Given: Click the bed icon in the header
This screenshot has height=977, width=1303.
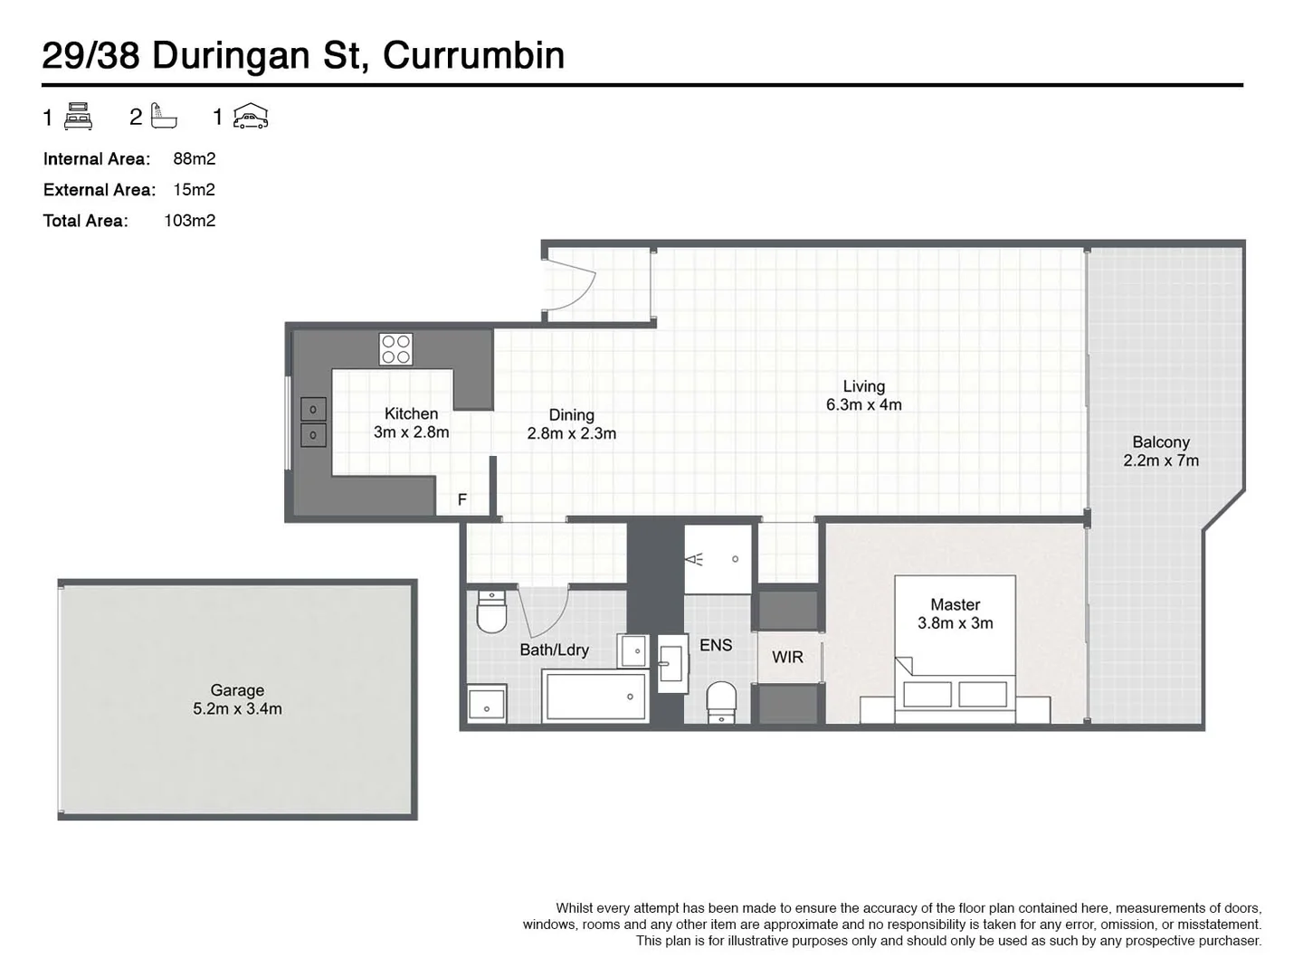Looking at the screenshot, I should (79, 116).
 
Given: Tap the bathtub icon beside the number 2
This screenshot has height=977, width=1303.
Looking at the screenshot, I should (164, 116).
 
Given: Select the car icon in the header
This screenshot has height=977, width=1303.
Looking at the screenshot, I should (251, 116).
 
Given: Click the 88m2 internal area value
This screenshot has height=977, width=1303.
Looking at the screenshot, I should (194, 158).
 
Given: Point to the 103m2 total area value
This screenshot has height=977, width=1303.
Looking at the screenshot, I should (189, 220).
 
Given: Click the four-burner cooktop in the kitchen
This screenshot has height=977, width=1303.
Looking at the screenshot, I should (395, 349).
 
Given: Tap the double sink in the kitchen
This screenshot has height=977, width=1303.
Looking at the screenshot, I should (313, 422).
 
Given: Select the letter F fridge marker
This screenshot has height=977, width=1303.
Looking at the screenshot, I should (461, 499).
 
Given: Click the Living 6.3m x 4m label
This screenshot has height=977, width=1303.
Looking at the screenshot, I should (863, 395).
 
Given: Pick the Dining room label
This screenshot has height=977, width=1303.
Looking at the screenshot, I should (571, 415).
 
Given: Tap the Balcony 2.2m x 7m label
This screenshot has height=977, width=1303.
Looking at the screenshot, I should (1161, 451).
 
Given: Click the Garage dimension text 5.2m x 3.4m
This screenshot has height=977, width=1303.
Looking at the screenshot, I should (237, 709).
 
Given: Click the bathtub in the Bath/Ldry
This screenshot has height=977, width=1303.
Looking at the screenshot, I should (594, 696).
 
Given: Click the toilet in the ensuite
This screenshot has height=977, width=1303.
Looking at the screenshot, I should (721, 701).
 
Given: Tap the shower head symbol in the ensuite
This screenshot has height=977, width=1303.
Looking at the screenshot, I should (695, 559).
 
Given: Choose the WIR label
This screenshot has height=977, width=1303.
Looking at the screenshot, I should (787, 657).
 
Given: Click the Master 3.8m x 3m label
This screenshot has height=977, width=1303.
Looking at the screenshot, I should (955, 613).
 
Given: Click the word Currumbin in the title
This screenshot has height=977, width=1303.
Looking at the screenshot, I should (473, 55).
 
